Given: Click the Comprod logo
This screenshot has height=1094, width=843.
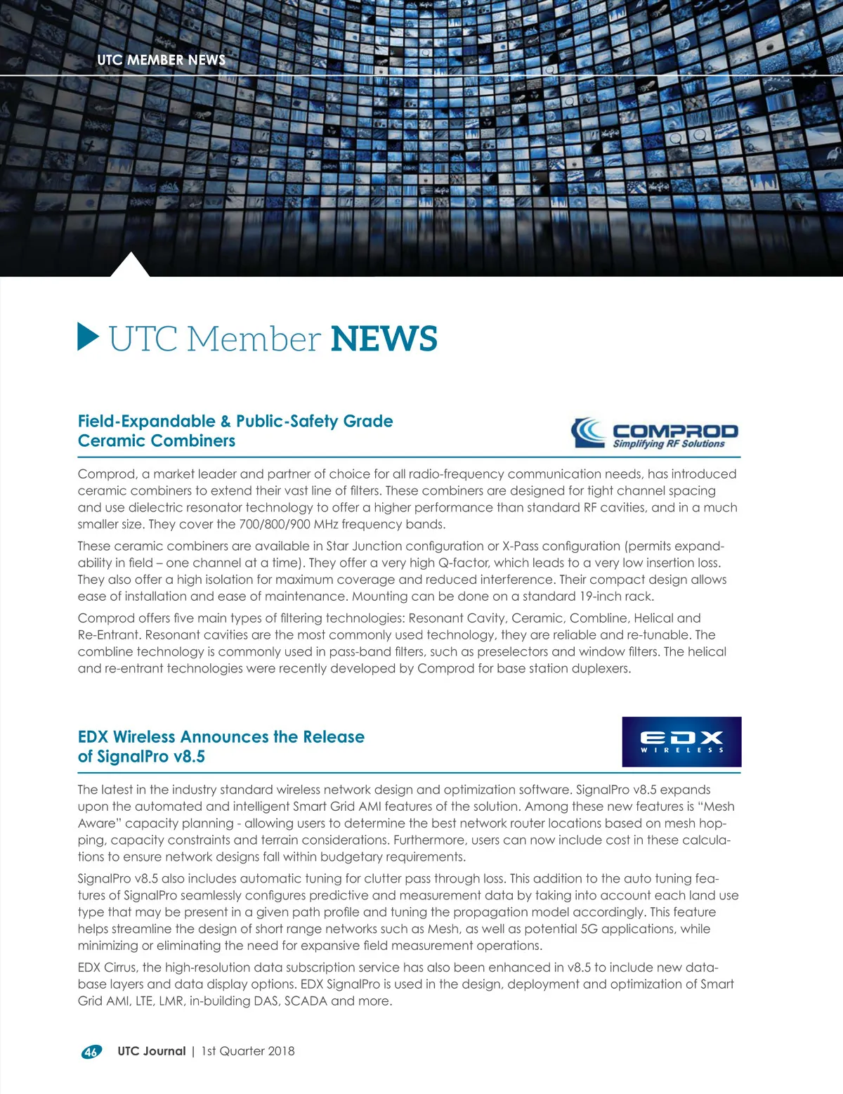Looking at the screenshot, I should click(x=655, y=433).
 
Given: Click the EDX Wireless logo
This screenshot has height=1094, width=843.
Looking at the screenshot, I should click(x=681, y=742).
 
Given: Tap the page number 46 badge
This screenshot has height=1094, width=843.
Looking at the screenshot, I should click(x=91, y=1052).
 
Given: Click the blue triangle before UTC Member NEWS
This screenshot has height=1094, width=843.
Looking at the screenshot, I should click(x=88, y=337).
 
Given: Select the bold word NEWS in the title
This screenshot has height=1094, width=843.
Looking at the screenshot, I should click(x=384, y=339).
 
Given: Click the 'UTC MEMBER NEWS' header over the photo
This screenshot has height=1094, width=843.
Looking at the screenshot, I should click(x=162, y=60).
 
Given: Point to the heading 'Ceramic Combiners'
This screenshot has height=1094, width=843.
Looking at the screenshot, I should click(x=157, y=441).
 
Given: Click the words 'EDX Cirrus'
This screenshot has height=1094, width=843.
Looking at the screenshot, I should click(x=108, y=968).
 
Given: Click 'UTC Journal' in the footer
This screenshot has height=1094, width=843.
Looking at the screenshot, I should click(x=151, y=1051).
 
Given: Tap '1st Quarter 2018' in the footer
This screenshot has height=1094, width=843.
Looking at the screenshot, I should click(x=248, y=1051).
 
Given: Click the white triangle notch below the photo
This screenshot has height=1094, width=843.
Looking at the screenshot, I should click(x=130, y=267).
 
